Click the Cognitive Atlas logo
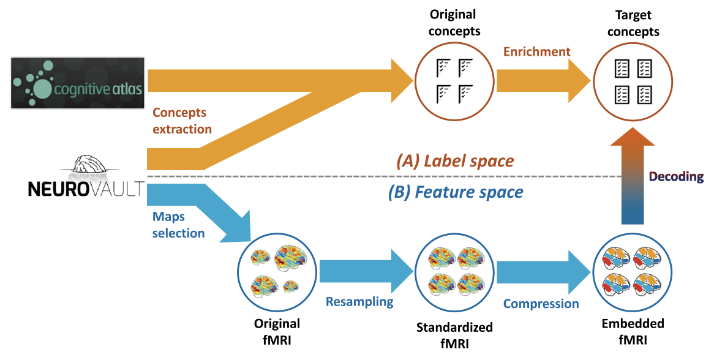tap(78, 83)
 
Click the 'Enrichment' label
tap(536, 52)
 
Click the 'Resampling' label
tap(359, 301)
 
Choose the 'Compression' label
tap(541, 304)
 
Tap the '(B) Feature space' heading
tap(456, 192)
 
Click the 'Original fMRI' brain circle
tap(277, 271)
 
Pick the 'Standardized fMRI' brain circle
tap(454, 271)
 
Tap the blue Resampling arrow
tap(365, 272)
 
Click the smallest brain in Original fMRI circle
tap(290, 286)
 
